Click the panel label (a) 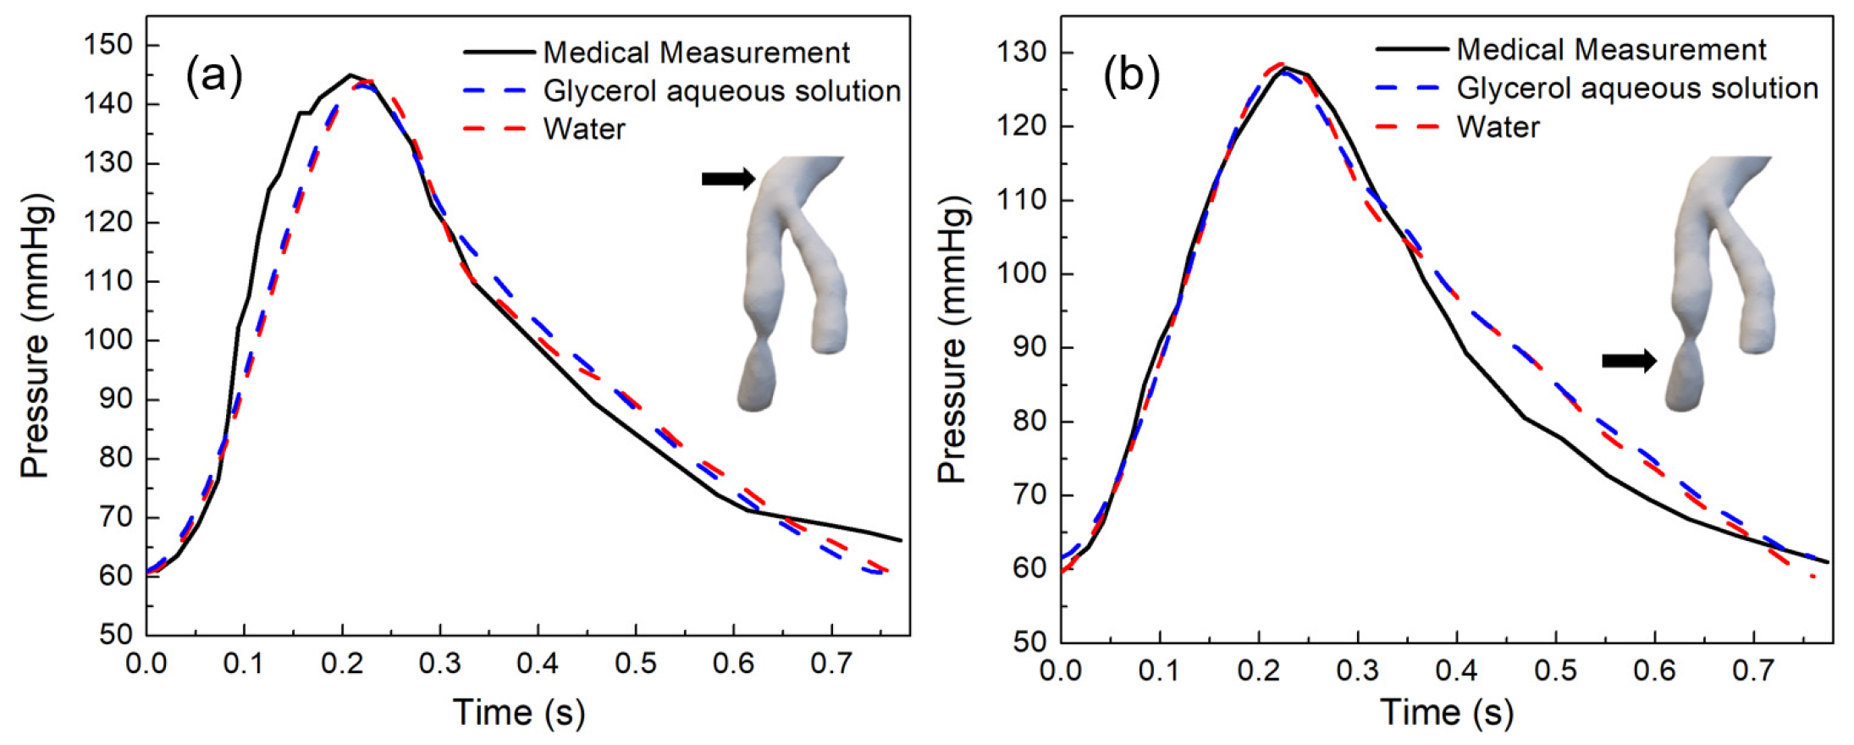[214, 76]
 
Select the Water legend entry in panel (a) [584, 129]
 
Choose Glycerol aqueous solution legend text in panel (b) [1637, 88]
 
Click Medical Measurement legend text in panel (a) [696, 52]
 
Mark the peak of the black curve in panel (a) [350, 74]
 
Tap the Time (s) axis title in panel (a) [518, 712]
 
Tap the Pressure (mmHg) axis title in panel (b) [952, 339]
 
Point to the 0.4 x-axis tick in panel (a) [538, 663]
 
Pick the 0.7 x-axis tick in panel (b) [1753, 670]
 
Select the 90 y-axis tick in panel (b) [1030, 348]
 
